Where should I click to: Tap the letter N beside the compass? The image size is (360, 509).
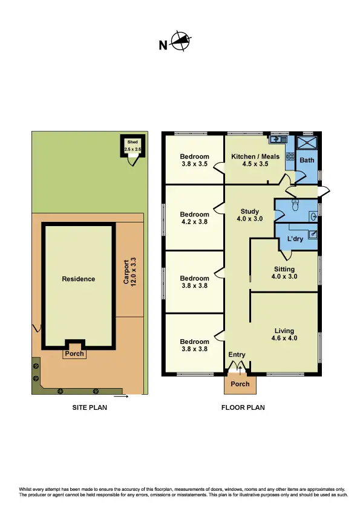coord(162,45)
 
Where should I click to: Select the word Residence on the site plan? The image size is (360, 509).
coord(78,279)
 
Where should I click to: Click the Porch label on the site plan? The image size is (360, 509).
coord(75,354)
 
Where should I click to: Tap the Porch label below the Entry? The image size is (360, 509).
coord(240,384)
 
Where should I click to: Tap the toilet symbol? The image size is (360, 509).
coord(295,207)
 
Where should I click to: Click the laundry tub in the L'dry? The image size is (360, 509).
coord(314,233)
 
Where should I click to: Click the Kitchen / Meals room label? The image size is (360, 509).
coord(255,160)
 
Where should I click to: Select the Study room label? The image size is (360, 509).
coord(249,215)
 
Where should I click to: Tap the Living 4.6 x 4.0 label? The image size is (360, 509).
coord(284,334)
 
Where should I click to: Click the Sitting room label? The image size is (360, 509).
coord(284,273)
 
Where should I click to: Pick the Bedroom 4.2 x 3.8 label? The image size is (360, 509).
coord(194,218)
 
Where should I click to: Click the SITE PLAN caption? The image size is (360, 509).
coord(89,407)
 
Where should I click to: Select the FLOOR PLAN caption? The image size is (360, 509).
coord(243,407)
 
